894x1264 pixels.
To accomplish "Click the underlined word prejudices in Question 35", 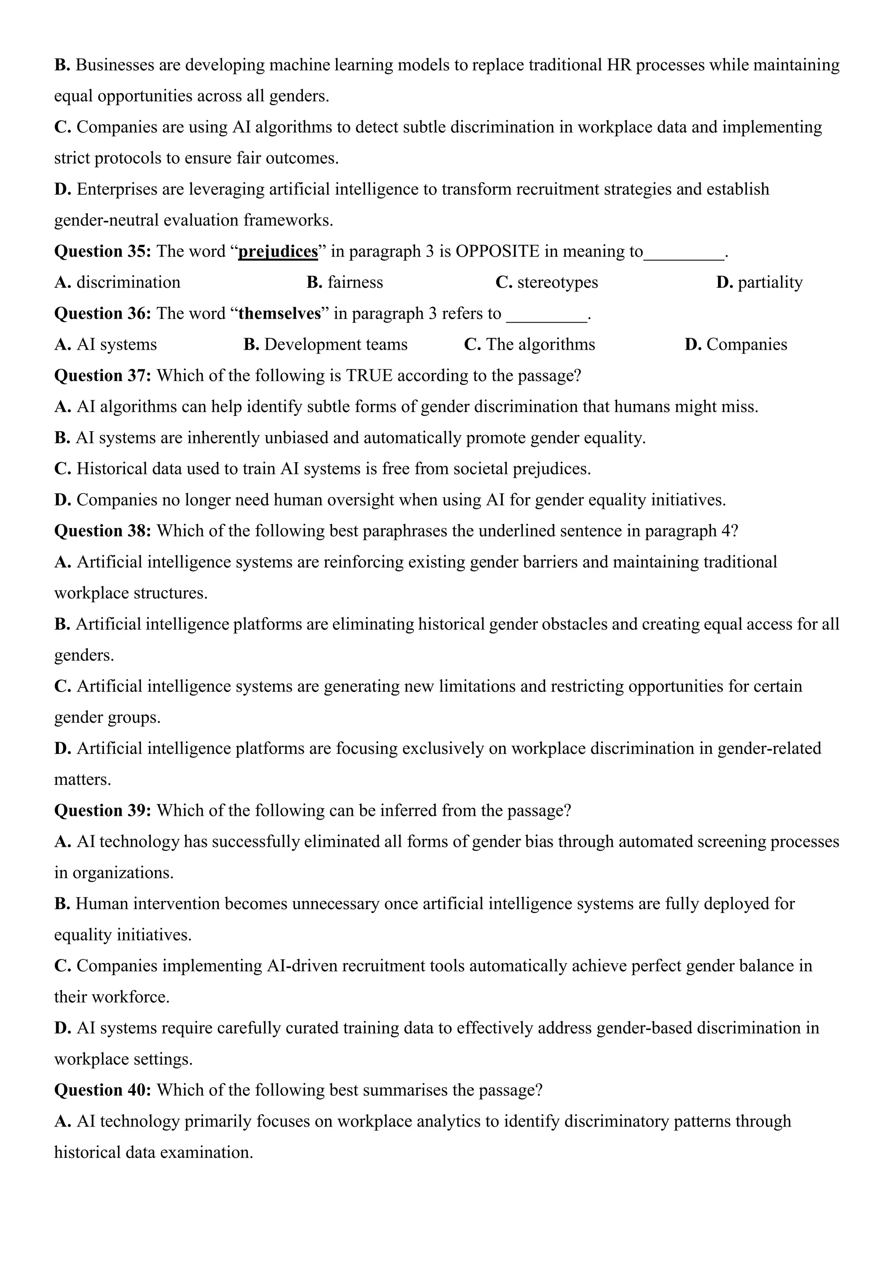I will point(278,251).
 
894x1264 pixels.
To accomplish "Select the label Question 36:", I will point(103,314).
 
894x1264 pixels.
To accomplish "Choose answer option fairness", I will point(354,282).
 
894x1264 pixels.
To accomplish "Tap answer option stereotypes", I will point(557,282).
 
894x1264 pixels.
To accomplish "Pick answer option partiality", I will point(770,282).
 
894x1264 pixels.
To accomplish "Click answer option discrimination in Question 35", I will point(128,282).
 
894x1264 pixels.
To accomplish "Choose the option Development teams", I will point(335,345).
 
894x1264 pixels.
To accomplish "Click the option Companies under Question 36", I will point(746,345).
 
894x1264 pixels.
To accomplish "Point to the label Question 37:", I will point(103,376).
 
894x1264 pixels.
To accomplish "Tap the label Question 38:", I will point(103,531).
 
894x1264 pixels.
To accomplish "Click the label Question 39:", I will point(103,811).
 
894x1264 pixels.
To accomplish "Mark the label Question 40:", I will point(103,1091).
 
